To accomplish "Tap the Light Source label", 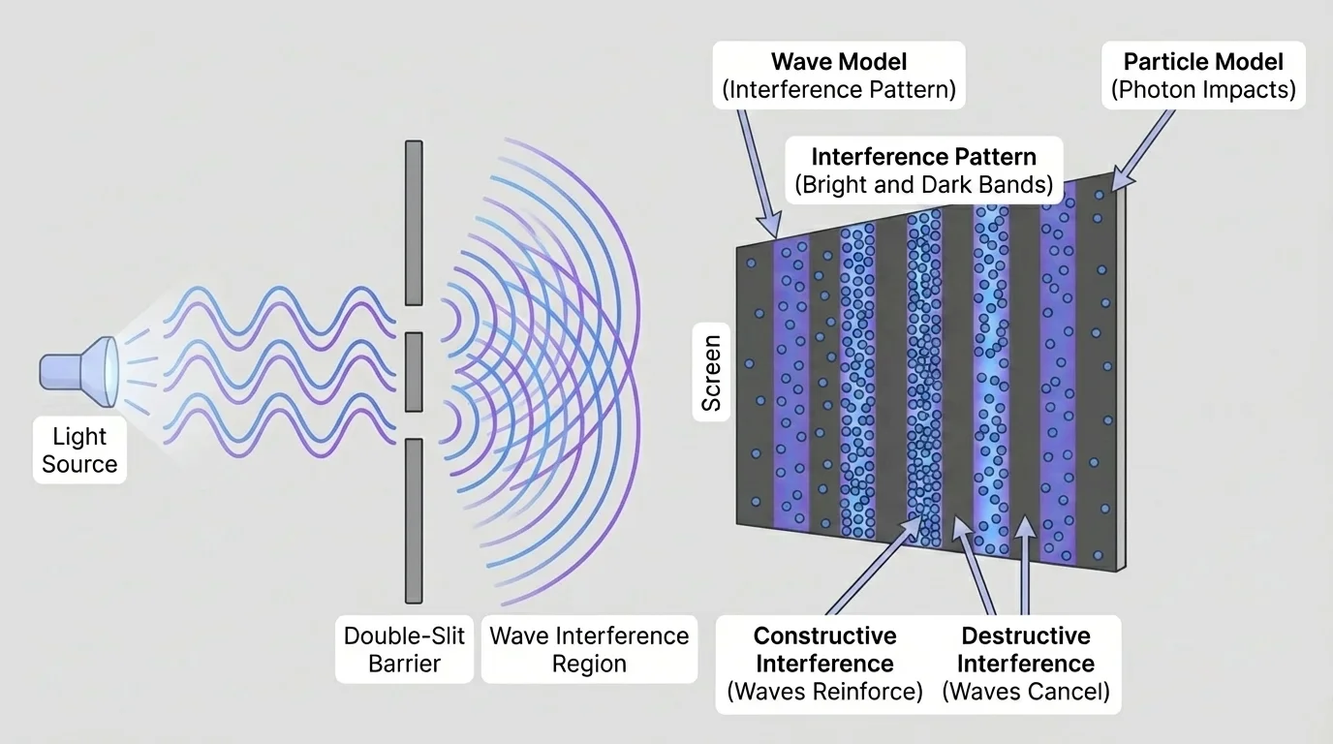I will [79, 450].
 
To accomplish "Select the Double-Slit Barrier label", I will [405, 650].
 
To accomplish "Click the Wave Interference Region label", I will [589, 650].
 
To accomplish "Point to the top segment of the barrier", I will [414, 222].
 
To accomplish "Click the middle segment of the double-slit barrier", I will [414, 371].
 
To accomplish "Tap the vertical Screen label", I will [712, 374].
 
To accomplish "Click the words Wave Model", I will [839, 62].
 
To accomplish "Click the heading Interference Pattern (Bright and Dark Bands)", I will [923, 170].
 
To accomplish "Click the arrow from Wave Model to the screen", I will [757, 170].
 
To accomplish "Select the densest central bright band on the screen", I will [924, 378].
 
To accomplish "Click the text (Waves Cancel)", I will [1026, 693].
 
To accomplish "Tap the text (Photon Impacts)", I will [1203, 90].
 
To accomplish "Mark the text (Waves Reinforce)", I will [824, 693].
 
